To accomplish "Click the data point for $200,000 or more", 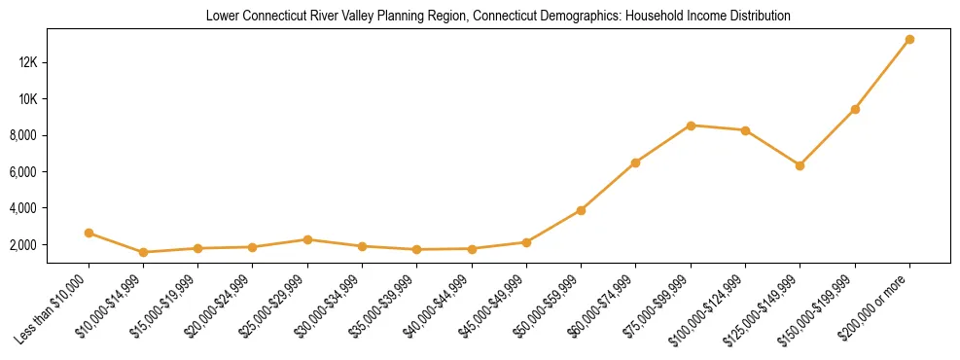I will (909, 40).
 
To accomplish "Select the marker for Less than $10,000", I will (89, 233).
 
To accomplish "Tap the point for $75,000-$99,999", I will (691, 126).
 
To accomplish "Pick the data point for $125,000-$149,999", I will (800, 165).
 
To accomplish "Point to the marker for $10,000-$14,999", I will (143, 252).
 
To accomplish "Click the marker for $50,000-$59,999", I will (581, 210).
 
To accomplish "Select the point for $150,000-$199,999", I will (855, 109).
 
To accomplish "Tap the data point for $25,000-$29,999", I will (307, 239).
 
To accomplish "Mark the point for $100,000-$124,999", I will (745, 130).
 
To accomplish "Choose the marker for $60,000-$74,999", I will (635, 162).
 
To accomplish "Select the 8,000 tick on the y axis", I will (21, 135).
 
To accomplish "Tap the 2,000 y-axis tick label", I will (21, 245).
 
